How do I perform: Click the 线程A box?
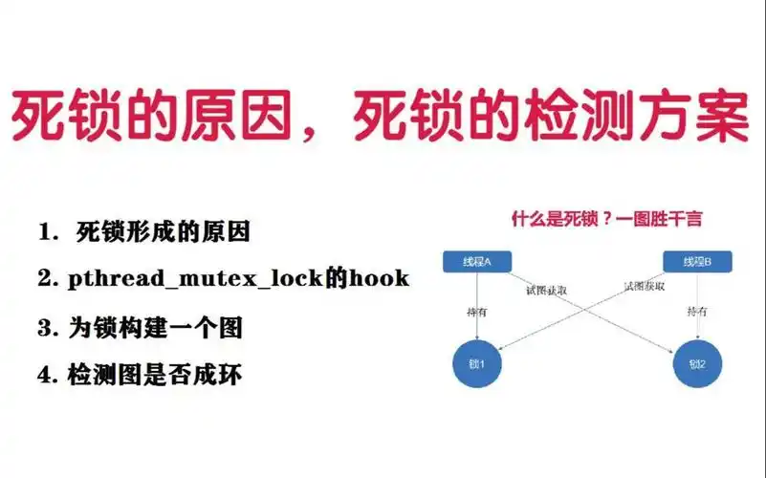pyautogui.click(x=475, y=262)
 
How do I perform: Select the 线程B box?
pyautogui.click(x=697, y=262)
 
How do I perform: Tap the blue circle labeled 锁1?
pyautogui.click(x=476, y=363)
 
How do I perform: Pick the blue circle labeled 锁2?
pyautogui.click(x=697, y=363)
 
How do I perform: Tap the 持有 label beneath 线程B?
pyautogui.click(x=697, y=312)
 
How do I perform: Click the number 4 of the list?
pyautogui.click(x=45, y=376)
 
